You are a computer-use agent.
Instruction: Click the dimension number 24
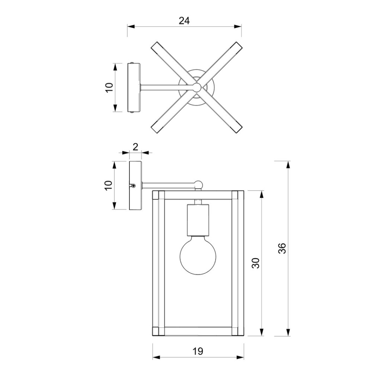click(x=184, y=21)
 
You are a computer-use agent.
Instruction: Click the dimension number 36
click(x=282, y=248)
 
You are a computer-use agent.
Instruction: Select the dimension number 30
click(x=255, y=263)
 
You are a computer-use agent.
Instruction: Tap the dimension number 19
click(x=198, y=351)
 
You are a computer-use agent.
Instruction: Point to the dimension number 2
click(x=135, y=147)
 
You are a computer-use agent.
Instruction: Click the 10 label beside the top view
click(x=109, y=87)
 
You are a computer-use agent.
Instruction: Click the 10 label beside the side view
click(x=109, y=185)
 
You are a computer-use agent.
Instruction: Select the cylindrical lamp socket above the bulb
click(x=198, y=220)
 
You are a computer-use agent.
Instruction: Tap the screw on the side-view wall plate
click(x=134, y=186)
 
